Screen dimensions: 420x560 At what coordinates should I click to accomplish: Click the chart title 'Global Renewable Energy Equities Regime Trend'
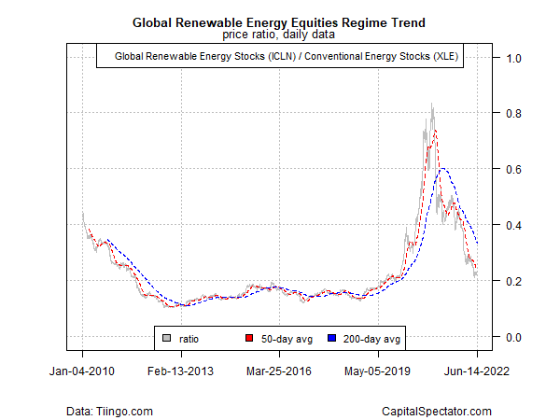[280, 21]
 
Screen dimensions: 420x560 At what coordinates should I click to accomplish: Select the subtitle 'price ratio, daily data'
[280, 35]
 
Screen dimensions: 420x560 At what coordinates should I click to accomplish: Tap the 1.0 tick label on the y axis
[511, 58]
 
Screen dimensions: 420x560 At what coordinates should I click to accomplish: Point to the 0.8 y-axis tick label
[511, 114]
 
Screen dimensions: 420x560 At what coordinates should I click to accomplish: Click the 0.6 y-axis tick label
[511, 170]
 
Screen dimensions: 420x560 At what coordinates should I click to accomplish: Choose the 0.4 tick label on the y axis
[511, 225]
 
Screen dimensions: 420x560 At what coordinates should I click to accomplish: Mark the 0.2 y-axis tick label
[511, 281]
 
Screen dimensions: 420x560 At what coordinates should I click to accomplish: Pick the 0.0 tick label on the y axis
[511, 337]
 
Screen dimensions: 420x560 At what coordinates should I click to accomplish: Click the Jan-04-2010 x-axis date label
[82, 371]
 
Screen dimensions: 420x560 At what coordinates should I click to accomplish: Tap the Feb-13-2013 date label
[181, 371]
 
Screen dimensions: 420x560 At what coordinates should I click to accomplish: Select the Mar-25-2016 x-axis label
[280, 371]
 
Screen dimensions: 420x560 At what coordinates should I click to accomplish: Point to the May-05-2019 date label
[379, 371]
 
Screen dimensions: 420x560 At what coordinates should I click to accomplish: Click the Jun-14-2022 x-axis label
[477, 371]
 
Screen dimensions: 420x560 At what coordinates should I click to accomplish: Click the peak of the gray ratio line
[431, 105]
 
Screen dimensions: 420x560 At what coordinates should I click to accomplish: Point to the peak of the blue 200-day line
[443, 168]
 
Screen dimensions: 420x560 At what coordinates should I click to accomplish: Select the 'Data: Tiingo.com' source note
[111, 411]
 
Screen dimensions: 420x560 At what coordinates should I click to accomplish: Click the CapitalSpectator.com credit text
[437, 411]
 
